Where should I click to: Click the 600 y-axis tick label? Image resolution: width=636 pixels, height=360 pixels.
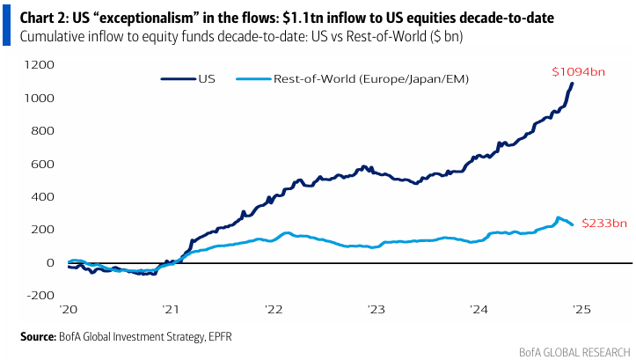(x=44, y=164)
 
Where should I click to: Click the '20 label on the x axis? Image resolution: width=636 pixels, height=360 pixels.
(x=70, y=310)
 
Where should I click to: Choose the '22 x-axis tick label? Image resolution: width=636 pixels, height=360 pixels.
(x=274, y=310)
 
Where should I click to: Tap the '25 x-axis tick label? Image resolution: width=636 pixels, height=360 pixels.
(x=581, y=310)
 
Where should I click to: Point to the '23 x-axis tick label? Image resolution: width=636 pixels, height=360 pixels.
(x=376, y=310)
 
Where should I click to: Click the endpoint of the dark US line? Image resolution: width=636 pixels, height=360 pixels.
(x=573, y=84)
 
